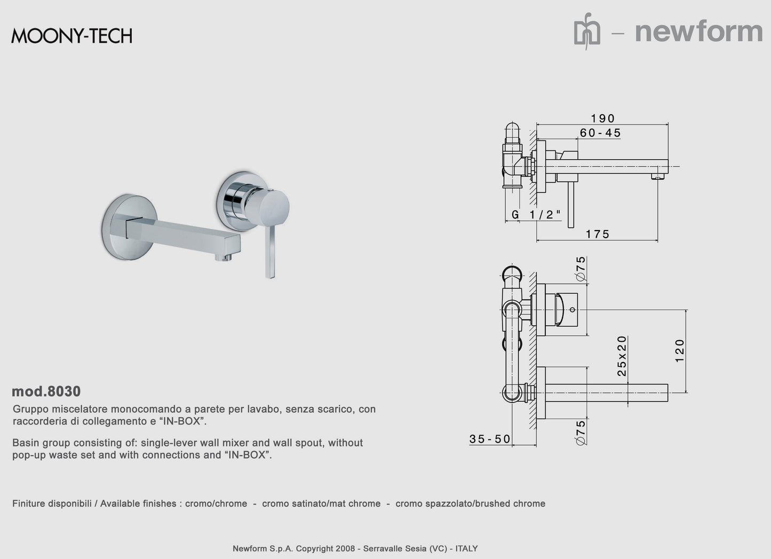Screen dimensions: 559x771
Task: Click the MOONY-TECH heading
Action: click(71, 36)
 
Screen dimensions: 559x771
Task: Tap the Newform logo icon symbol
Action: click(587, 32)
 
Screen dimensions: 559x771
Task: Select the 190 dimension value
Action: click(603, 119)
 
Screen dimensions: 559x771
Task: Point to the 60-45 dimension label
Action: click(600, 133)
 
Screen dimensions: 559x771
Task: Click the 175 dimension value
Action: click(598, 234)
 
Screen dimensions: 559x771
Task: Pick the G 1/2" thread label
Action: click(536, 215)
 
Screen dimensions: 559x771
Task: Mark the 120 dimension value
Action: click(680, 351)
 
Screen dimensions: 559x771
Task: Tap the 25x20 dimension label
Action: click(622, 356)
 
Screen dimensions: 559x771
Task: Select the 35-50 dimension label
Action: click(490, 439)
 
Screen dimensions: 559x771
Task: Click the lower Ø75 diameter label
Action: click(581, 432)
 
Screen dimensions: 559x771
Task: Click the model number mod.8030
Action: click(46, 391)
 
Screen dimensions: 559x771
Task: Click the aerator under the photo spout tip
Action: click(224, 257)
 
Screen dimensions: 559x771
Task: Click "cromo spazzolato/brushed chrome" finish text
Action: click(470, 503)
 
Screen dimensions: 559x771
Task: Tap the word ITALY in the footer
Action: click(466, 548)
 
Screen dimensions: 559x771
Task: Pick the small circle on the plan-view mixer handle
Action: click(573, 310)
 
